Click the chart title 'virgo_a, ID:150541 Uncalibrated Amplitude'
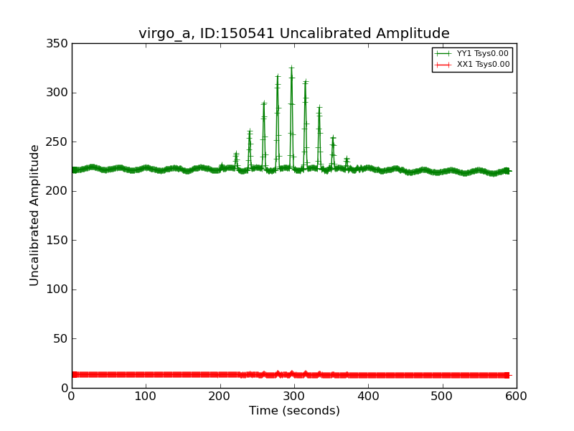click(x=294, y=34)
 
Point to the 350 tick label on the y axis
click(x=60, y=44)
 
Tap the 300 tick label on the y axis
click(x=60, y=93)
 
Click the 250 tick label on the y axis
click(x=60, y=142)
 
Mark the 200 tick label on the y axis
click(x=60, y=191)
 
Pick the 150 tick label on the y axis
click(x=60, y=241)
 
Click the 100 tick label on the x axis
click(x=146, y=396)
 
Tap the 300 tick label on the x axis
click(x=294, y=396)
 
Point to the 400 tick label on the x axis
click(x=368, y=396)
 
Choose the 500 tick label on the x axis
click(x=442, y=396)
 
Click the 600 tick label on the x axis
click(x=516, y=396)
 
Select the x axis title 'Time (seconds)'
click(x=294, y=411)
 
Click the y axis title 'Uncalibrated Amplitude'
click(x=35, y=215)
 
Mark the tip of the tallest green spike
click(x=291, y=68)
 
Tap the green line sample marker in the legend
click(x=443, y=54)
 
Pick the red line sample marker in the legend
click(x=443, y=65)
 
